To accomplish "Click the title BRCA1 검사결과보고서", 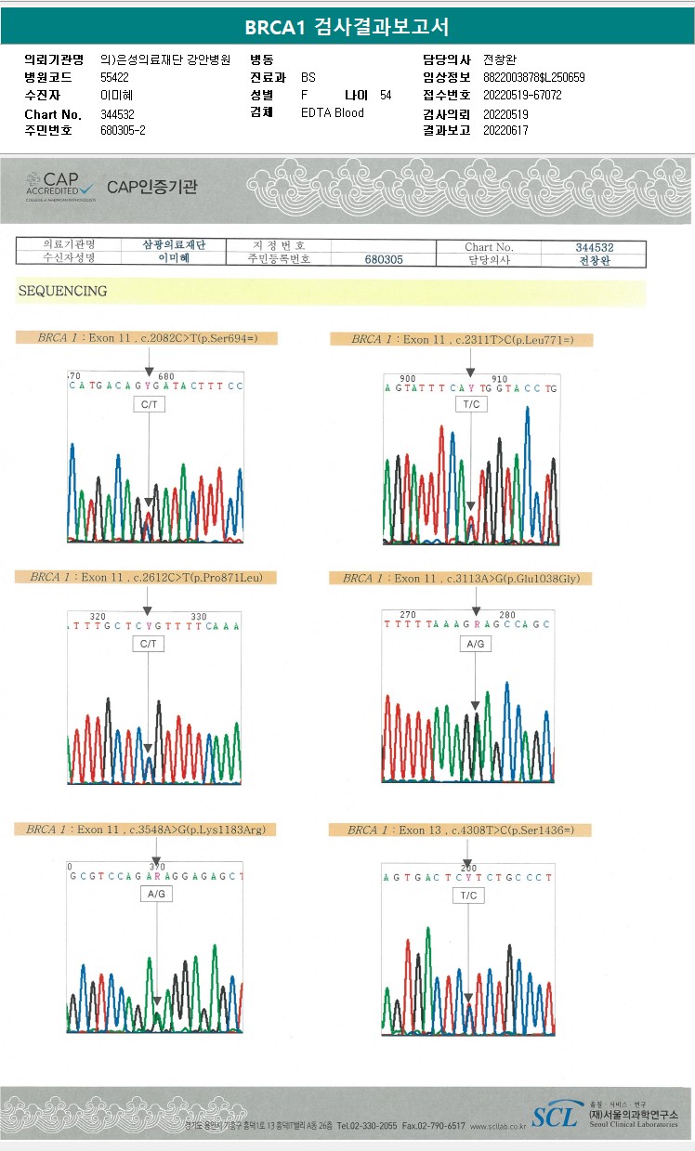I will [x=347, y=27].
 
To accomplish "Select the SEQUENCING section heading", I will [x=62, y=291].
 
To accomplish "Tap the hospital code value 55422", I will [x=114, y=77].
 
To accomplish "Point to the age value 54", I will [x=386, y=95].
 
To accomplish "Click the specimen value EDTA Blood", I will [x=333, y=113].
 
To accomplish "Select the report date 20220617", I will [x=505, y=131].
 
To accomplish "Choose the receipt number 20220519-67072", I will [x=522, y=95].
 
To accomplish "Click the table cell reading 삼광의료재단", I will [x=173, y=245].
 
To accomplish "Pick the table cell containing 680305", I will [x=383, y=259].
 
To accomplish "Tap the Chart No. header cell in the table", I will [x=490, y=246].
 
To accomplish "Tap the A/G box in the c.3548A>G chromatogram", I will [x=155, y=893].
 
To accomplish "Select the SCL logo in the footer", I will [x=555, y=1116].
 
